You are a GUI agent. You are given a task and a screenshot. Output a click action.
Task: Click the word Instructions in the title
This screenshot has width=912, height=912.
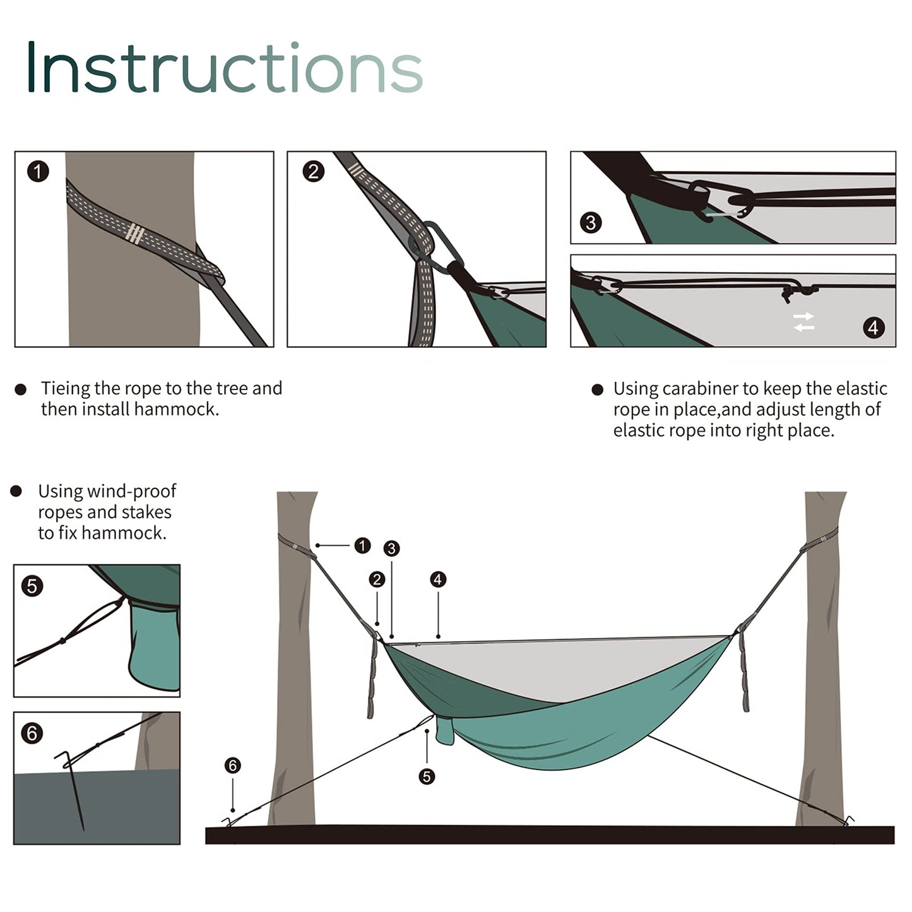click(224, 68)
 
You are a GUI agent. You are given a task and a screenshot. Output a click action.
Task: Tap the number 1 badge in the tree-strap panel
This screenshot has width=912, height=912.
click(38, 172)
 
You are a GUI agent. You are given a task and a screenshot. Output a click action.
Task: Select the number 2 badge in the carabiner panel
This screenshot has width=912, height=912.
click(314, 172)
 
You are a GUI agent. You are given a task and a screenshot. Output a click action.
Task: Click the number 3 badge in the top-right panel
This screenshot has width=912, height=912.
click(591, 222)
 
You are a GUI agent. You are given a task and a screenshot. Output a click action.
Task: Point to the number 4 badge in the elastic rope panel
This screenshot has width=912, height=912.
click(874, 328)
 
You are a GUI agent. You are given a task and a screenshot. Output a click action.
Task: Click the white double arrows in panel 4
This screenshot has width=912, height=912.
click(804, 322)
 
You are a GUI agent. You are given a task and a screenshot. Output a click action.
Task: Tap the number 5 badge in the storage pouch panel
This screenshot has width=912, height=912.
click(32, 586)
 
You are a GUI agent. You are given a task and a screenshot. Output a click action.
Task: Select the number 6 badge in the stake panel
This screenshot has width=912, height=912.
click(32, 733)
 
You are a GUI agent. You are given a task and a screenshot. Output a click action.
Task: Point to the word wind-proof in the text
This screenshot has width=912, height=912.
click(133, 491)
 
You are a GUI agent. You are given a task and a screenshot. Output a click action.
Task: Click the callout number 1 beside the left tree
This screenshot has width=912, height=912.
click(362, 545)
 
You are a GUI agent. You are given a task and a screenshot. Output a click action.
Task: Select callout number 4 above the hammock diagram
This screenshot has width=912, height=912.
click(438, 579)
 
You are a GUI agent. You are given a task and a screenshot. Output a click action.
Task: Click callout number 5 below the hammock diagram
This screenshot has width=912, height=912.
click(427, 776)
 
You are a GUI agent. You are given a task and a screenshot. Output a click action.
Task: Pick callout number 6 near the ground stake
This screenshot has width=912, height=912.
click(233, 766)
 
